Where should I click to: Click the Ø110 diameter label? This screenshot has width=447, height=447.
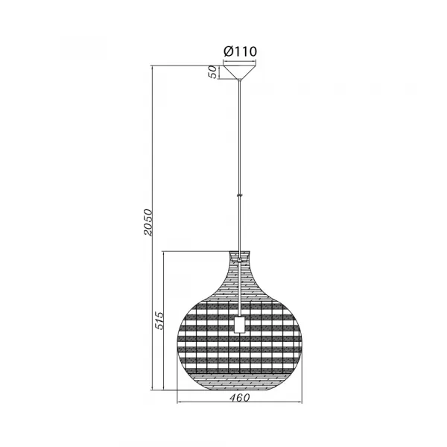[239, 51]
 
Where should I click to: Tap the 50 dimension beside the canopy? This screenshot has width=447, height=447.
[212, 72]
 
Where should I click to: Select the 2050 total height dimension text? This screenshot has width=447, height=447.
[148, 222]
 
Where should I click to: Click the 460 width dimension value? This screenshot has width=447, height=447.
[239, 397]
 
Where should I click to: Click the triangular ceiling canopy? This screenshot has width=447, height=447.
[239, 72]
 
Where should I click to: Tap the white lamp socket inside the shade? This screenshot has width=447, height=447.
[239, 324]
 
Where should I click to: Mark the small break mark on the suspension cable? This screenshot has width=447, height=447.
[239, 194]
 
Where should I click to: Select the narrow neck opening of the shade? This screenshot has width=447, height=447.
[239, 256]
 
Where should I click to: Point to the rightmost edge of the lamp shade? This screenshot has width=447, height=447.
[302, 340]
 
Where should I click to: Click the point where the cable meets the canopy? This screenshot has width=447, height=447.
[239, 80]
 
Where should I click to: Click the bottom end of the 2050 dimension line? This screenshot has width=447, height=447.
[152, 390]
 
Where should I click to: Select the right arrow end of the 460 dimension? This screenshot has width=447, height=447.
[302, 403]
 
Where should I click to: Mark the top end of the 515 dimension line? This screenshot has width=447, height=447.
[165, 253]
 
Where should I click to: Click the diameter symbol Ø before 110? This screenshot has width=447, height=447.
[228, 51]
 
